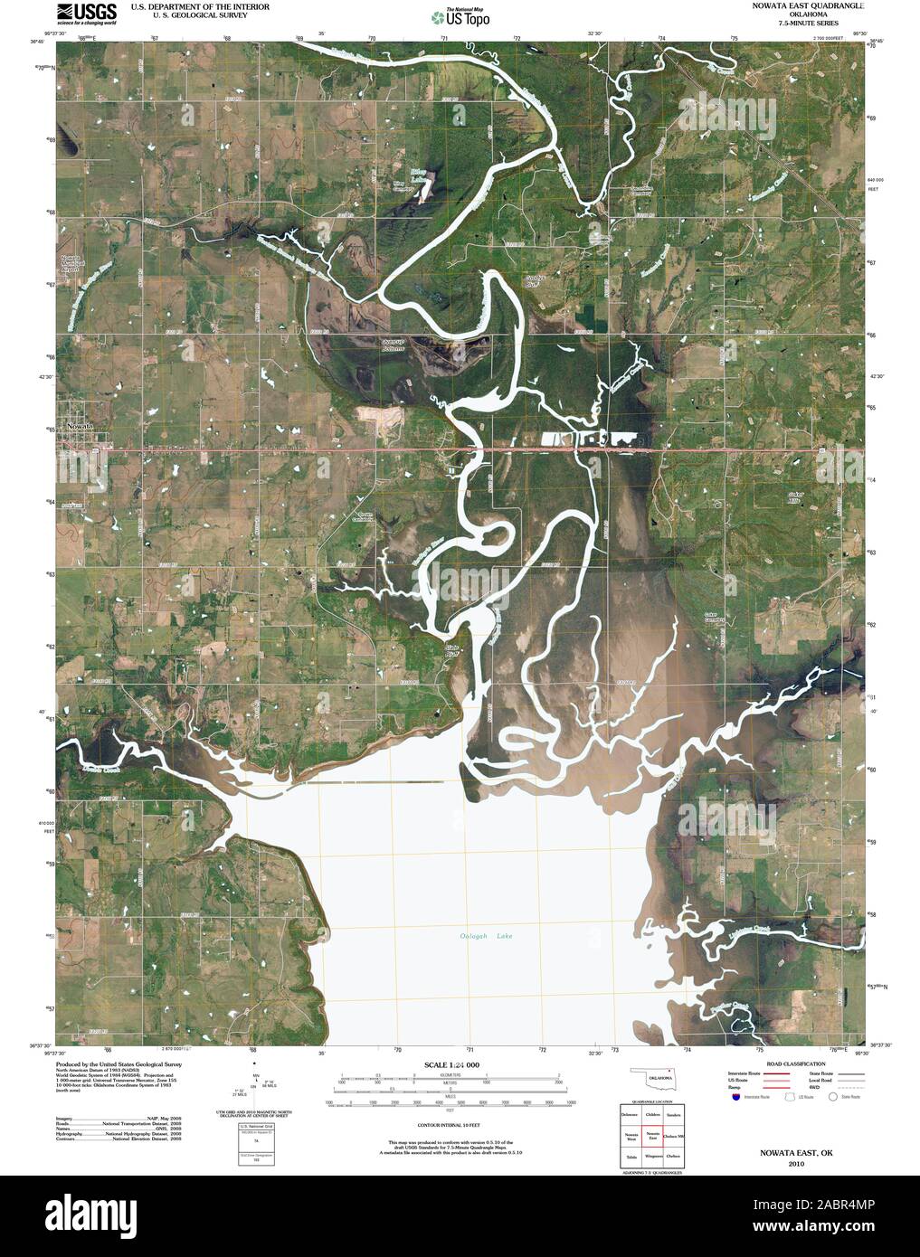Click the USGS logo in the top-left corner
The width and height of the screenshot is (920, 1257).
click(x=87, y=13)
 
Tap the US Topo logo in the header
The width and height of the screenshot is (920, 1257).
click(x=460, y=16)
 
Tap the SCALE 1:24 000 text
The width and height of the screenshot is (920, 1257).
click(x=450, y=1066)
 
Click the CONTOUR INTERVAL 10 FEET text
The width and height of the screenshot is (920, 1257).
click(x=450, y=1125)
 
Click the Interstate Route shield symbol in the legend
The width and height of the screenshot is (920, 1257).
click(x=735, y=1095)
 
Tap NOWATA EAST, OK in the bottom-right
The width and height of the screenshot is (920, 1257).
click(x=794, y=1155)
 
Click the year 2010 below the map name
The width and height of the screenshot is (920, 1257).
click(x=794, y=1164)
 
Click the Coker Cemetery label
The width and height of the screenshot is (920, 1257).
click(x=715, y=618)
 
